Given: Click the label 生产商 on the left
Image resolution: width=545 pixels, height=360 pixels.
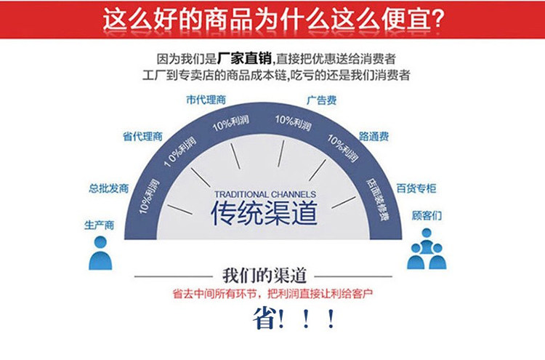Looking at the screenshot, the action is (100, 225).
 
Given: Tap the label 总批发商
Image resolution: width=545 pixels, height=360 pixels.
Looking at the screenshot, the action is (109, 188).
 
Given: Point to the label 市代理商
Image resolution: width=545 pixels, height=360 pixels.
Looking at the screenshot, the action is (206, 100).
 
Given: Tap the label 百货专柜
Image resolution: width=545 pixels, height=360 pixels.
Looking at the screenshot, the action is (416, 188).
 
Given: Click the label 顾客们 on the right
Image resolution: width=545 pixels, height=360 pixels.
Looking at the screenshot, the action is (427, 216).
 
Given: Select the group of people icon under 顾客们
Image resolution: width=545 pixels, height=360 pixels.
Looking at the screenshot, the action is (427, 249).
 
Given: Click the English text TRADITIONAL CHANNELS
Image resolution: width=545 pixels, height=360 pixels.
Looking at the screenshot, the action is (265, 194).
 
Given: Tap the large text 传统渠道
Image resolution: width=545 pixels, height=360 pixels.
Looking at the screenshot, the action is (265, 215).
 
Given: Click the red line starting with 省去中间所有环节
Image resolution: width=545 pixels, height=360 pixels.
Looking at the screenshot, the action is (274, 295).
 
